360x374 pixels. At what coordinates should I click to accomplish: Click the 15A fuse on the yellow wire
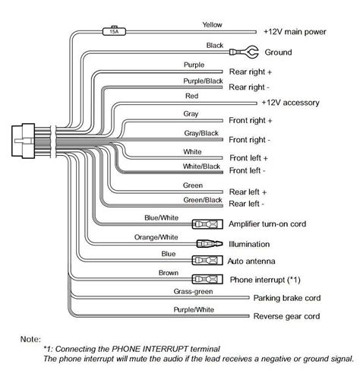114,31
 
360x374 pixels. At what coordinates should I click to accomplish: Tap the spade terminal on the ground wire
244,52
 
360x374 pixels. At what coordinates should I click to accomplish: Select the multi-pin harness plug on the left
24,141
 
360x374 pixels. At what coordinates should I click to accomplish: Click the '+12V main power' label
295,32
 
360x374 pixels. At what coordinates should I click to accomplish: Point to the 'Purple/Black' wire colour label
203,81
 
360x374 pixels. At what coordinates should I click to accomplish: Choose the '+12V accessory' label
290,103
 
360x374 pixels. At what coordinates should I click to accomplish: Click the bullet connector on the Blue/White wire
207,224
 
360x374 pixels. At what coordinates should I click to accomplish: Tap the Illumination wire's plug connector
210,244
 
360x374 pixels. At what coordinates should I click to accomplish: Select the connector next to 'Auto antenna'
207,260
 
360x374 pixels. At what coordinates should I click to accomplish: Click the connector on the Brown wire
207,279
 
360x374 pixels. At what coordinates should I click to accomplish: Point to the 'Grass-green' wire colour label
193,292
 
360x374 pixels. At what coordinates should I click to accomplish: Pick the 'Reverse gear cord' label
286,316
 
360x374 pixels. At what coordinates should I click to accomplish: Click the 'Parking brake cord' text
287,298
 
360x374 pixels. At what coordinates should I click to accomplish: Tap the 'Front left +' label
248,158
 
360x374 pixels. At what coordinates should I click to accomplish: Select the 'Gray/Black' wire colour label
201,133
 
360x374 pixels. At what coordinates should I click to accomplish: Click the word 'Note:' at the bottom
30,339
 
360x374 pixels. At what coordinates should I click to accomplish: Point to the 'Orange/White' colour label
156,237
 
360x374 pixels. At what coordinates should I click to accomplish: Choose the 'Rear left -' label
246,204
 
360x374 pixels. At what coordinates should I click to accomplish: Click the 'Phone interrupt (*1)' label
265,280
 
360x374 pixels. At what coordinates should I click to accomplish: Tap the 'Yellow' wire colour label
212,25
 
